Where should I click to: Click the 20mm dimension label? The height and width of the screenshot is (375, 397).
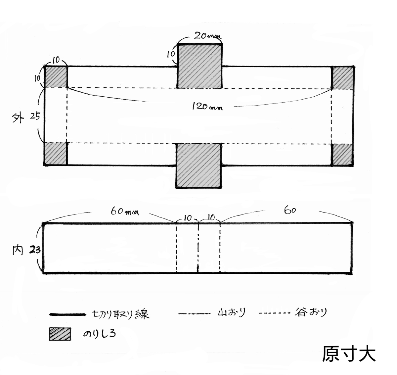tap(207, 36)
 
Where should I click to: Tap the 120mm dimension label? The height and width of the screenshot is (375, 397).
tap(207, 106)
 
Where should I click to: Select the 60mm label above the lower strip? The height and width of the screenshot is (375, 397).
tap(125, 212)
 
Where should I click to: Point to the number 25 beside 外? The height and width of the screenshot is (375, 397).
tap(35, 116)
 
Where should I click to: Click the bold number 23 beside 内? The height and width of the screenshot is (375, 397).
tap(35, 250)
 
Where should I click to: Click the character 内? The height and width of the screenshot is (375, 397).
tap(18, 250)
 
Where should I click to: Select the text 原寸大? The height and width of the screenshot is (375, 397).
tap(349, 353)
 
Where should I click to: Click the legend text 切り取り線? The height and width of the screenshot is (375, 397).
tap(121, 314)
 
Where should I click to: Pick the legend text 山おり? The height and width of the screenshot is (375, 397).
tap(232, 312)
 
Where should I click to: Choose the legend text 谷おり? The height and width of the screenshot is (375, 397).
tap(311, 312)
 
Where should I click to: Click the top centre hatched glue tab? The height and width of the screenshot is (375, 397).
tap(200, 66)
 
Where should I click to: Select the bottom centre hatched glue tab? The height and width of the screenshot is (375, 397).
tap(199, 165)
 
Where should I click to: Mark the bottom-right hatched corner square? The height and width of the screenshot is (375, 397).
tap(342, 155)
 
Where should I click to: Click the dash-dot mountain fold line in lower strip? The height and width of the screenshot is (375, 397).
tap(198, 248)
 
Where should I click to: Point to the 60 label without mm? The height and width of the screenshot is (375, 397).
tap(290, 210)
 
